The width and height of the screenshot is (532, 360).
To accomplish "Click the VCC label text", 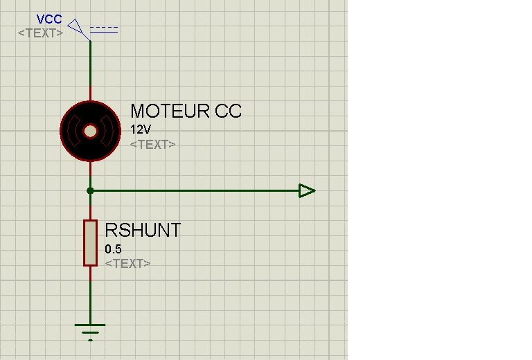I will (x=49, y=19).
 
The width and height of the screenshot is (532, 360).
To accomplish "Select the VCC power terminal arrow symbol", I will (x=78, y=28).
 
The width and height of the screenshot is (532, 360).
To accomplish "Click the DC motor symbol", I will (x=90, y=132).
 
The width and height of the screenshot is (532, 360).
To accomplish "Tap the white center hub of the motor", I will (x=90, y=132).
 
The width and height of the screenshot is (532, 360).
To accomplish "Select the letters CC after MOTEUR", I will (x=228, y=111).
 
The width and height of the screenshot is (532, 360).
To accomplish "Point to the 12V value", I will (x=140, y=129).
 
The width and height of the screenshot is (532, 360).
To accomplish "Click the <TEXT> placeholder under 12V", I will (x=152, y=145).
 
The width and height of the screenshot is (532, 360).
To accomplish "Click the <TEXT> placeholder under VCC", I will (x=40, y=33).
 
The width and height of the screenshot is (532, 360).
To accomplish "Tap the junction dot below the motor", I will (x=90, y=190).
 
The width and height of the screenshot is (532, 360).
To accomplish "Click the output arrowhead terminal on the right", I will (x=307, y=190).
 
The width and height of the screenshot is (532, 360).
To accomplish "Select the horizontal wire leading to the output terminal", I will (x=194, y=190).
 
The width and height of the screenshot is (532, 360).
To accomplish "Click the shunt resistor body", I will (x=90, y=242).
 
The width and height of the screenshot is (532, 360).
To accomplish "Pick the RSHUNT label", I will (x=143, y=231).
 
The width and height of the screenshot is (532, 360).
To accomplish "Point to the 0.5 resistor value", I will (x=113, y=249).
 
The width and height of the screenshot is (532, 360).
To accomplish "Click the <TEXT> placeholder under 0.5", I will (x=127, y=264).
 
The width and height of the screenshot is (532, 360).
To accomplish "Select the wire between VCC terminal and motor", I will (x=90, y=69).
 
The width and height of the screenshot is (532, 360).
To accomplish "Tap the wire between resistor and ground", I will (x=90, y=294).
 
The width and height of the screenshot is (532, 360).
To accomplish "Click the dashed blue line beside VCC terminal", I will (x=104, y=29).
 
